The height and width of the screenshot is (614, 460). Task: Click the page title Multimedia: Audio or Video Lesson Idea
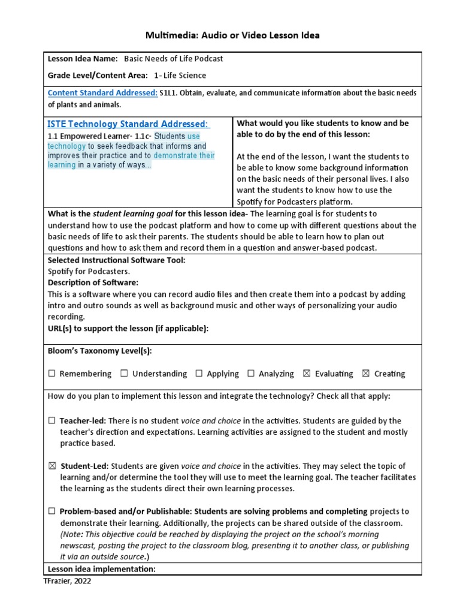(232, 35)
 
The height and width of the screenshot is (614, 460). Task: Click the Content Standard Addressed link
(102, 93)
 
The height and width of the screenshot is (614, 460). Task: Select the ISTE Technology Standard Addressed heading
(128, 124)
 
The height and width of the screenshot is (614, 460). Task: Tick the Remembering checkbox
(52, 374)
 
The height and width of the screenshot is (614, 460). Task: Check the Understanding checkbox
(124, 374)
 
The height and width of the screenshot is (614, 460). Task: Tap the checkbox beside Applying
(199, 374)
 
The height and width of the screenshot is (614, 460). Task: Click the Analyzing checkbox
(251, 374)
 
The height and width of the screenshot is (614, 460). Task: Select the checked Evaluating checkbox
(307, 374)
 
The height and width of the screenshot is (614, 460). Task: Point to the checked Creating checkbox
(366, 374)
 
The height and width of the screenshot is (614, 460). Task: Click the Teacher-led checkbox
(52, 421)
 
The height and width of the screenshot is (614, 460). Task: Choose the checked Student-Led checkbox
(52, 466)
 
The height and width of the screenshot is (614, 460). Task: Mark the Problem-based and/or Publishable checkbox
(52, 511)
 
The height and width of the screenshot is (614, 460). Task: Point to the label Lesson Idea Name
(83, 59)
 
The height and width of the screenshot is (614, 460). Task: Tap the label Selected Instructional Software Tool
(116, 260)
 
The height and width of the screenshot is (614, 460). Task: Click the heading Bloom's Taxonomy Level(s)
(95, 351)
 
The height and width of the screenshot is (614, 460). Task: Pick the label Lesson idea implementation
(102, 568)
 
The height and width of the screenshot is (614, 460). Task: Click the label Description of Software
(93, 282)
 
